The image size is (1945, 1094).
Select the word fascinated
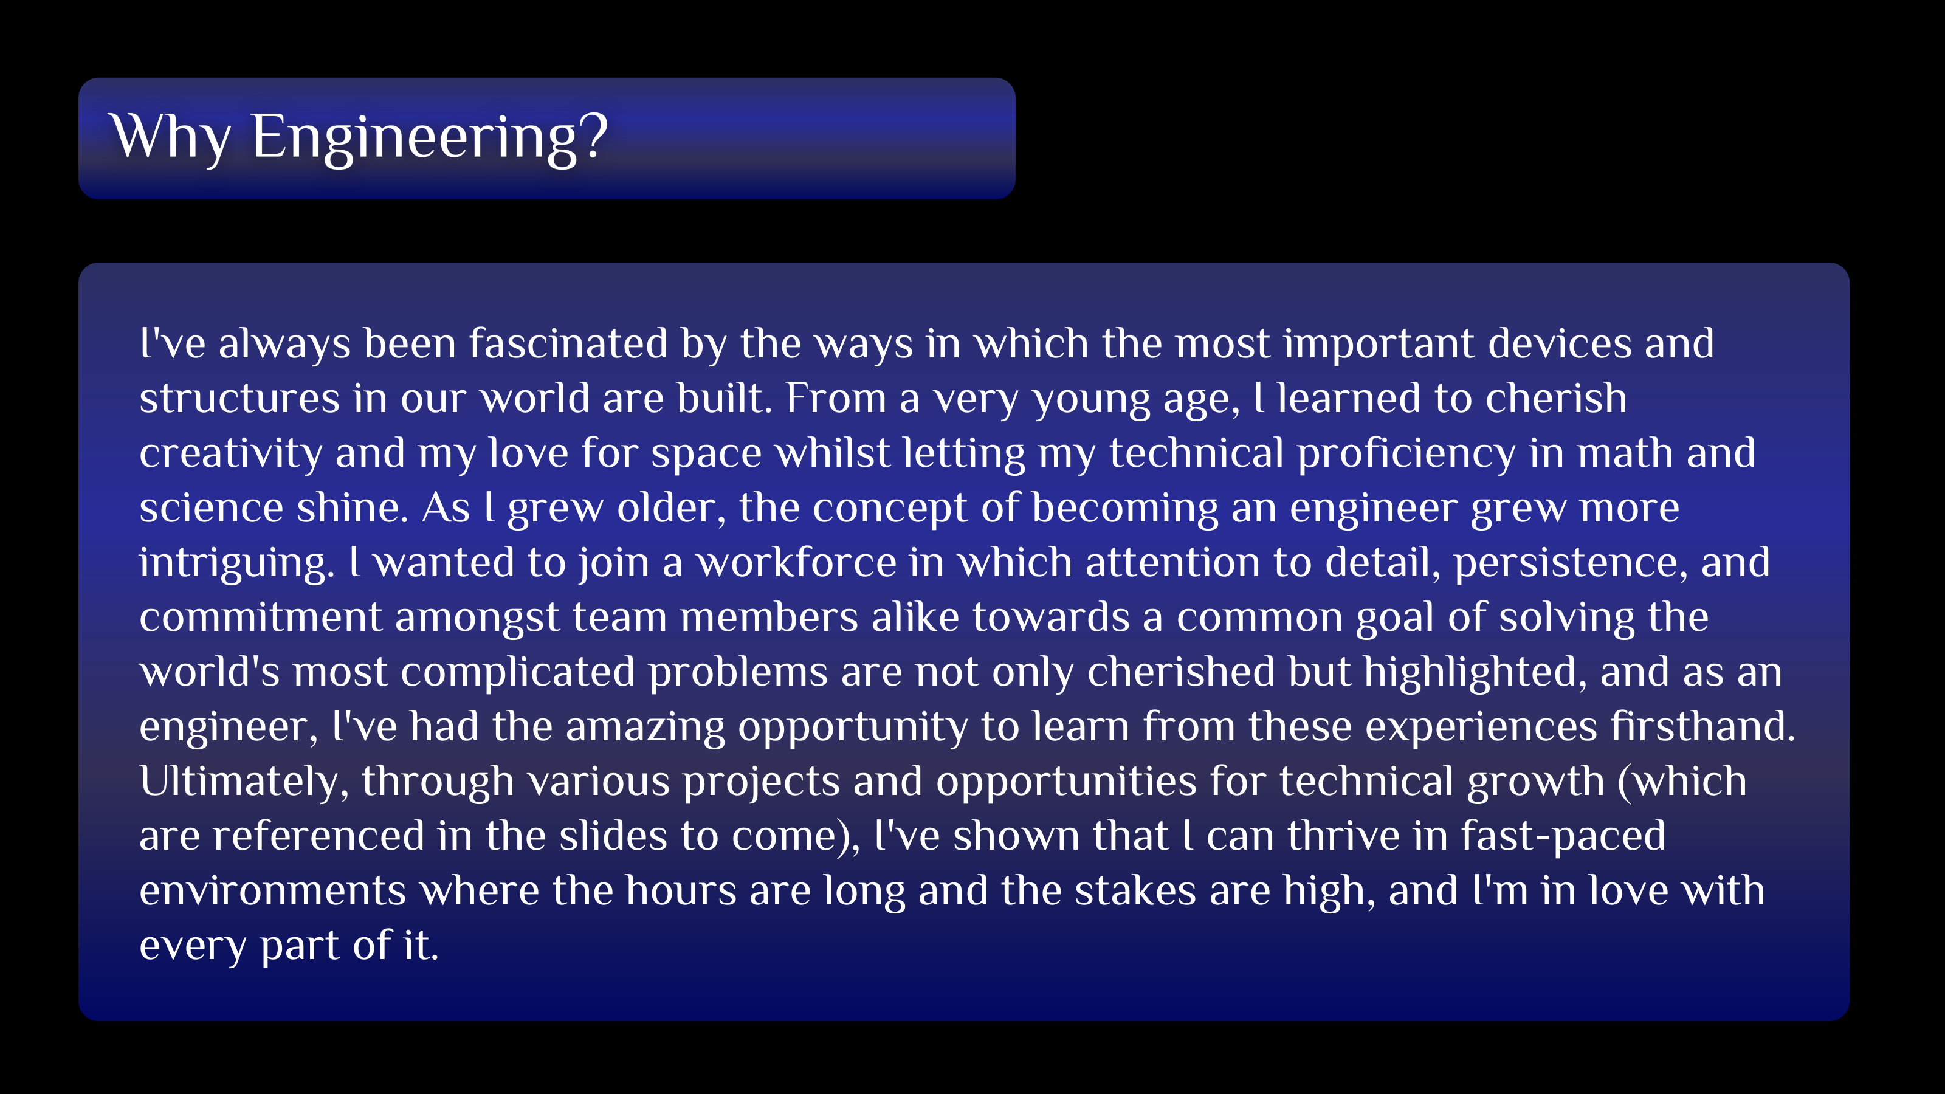pos(568,343)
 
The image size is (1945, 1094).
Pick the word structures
pos(239,399)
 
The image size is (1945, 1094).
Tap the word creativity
pos(231,455)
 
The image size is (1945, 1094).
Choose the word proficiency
pos(1406,455)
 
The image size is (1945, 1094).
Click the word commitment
pos(261,618)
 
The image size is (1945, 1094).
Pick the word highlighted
pos(1477,673)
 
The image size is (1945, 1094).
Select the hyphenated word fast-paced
pos(1563,836)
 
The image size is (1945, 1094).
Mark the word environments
pos(272,891)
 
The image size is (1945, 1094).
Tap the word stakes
pos(1135,891)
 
